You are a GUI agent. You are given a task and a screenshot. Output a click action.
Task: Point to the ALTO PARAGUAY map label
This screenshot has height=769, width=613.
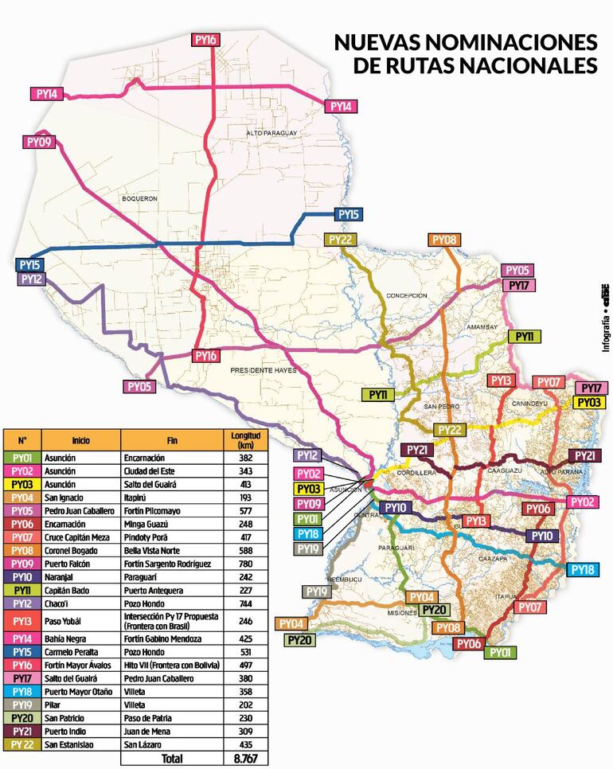(271, 132)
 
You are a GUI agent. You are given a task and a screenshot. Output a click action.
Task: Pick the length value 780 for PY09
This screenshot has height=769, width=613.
(244, 561)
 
